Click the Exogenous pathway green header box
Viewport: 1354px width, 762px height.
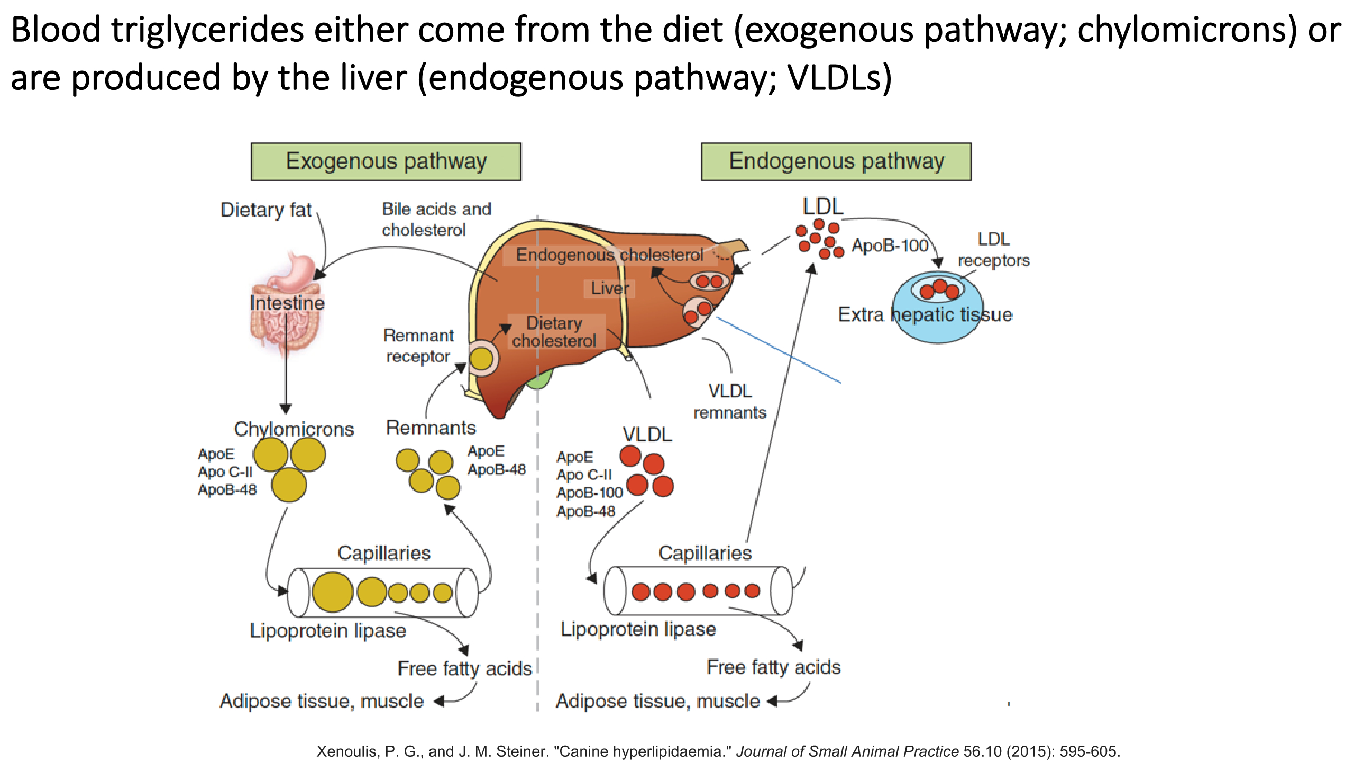[x=386, y=161]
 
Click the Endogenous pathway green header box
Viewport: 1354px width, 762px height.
[x=836, y=161]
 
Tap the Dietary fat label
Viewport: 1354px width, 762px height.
[x=266, y=210]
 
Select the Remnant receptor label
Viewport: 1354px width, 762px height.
[x=418, y=346]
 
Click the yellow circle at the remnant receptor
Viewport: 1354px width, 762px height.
[x=481, y=358]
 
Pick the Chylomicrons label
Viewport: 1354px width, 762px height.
[x=294, y=429]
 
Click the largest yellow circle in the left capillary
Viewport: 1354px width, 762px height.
[x=332, y=592]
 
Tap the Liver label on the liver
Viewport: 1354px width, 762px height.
[x=609, y=288]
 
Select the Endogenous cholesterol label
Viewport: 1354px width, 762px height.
[x=610, y=255]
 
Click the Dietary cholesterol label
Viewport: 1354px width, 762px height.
[x=554, y=332]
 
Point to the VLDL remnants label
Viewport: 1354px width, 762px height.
[x=730, y=402]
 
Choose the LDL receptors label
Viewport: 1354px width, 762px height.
[x=994, y=250]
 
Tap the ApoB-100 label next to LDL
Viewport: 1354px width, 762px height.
[x=890, y=246]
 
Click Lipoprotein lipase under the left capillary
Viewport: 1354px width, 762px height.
[x=328, y=631]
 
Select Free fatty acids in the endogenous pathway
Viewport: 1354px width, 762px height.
[x=773, y=667]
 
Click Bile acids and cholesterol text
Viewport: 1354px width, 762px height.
[x=436, y=220]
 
